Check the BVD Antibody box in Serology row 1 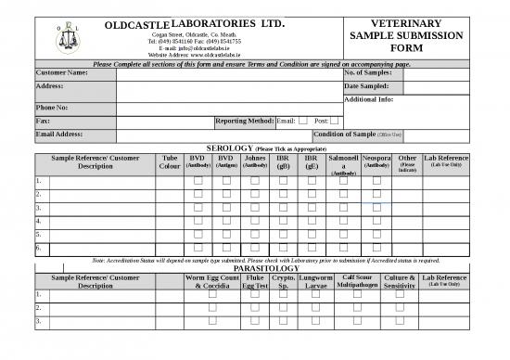(x=198, y=181)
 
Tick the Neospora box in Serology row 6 (x=376, y=249)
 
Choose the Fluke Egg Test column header (x=254, y=282)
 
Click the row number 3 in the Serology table (x=38, y=208)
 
